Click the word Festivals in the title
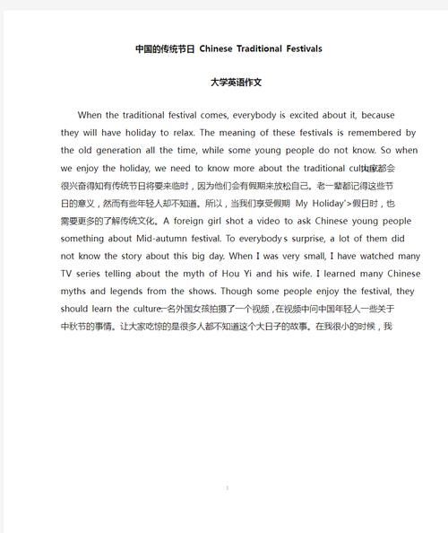[x=297, y=48]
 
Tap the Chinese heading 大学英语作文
[x=224, y=82]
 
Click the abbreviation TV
[x=68, y=274]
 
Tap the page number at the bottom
[x=228, y=488]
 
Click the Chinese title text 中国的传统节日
[x=164, y=48]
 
